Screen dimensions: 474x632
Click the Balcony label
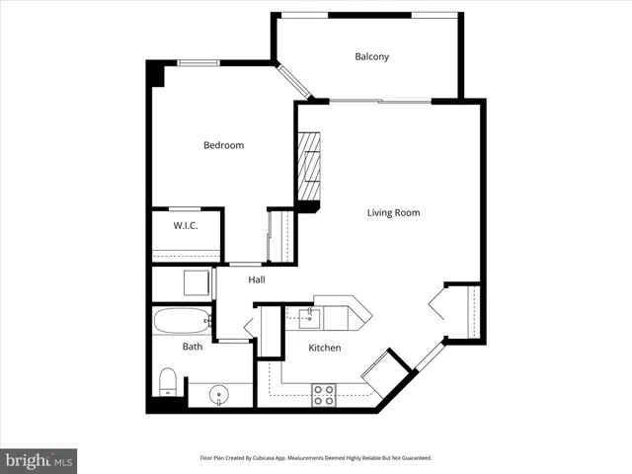pos(371,56)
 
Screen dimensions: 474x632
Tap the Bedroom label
pos(223,145)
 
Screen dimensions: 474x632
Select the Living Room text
pos(393,212)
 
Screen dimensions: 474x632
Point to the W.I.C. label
pos(186,226)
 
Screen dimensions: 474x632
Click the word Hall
pos(256,279)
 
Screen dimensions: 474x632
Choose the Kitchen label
pos(324,348)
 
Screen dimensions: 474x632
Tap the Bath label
pos(193,347)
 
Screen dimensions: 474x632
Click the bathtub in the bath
pos(182,320)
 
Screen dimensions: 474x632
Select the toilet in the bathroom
pos(168,382)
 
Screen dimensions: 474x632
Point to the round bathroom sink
pos(217,396)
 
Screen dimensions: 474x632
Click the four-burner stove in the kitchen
pos(323,395)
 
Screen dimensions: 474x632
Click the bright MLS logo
pos(39,460)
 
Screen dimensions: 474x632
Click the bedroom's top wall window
pos(197,64)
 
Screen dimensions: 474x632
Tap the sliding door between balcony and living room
pos(378,101)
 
